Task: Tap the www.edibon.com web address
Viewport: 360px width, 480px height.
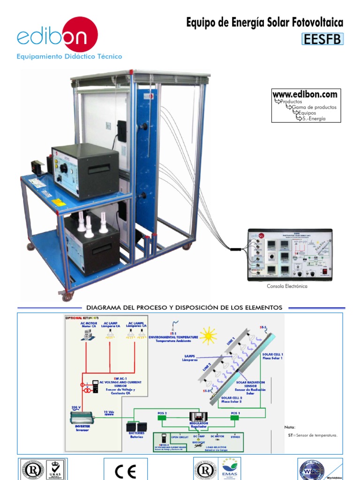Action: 305,94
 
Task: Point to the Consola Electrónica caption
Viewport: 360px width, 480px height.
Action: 287,286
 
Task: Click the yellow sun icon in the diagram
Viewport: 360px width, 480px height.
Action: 207,335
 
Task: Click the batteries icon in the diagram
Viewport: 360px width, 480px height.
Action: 136,427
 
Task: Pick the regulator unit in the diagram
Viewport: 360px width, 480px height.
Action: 198,417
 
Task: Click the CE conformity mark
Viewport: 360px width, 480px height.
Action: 125,471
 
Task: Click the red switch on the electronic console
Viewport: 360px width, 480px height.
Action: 324,270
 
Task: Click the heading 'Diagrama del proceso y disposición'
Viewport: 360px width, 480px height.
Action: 184,307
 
